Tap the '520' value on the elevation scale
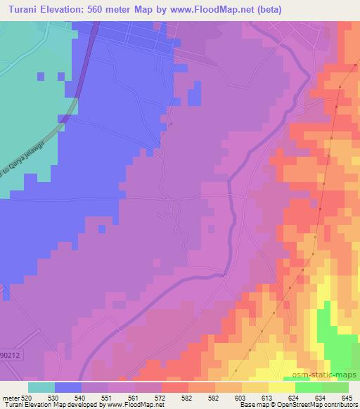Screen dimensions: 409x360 pyautogui.click(x=26, y=398)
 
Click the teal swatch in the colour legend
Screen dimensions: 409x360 pyautogui.click(x=41, y=387)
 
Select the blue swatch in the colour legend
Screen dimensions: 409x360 pyautogui.click(x=67, y=387)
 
